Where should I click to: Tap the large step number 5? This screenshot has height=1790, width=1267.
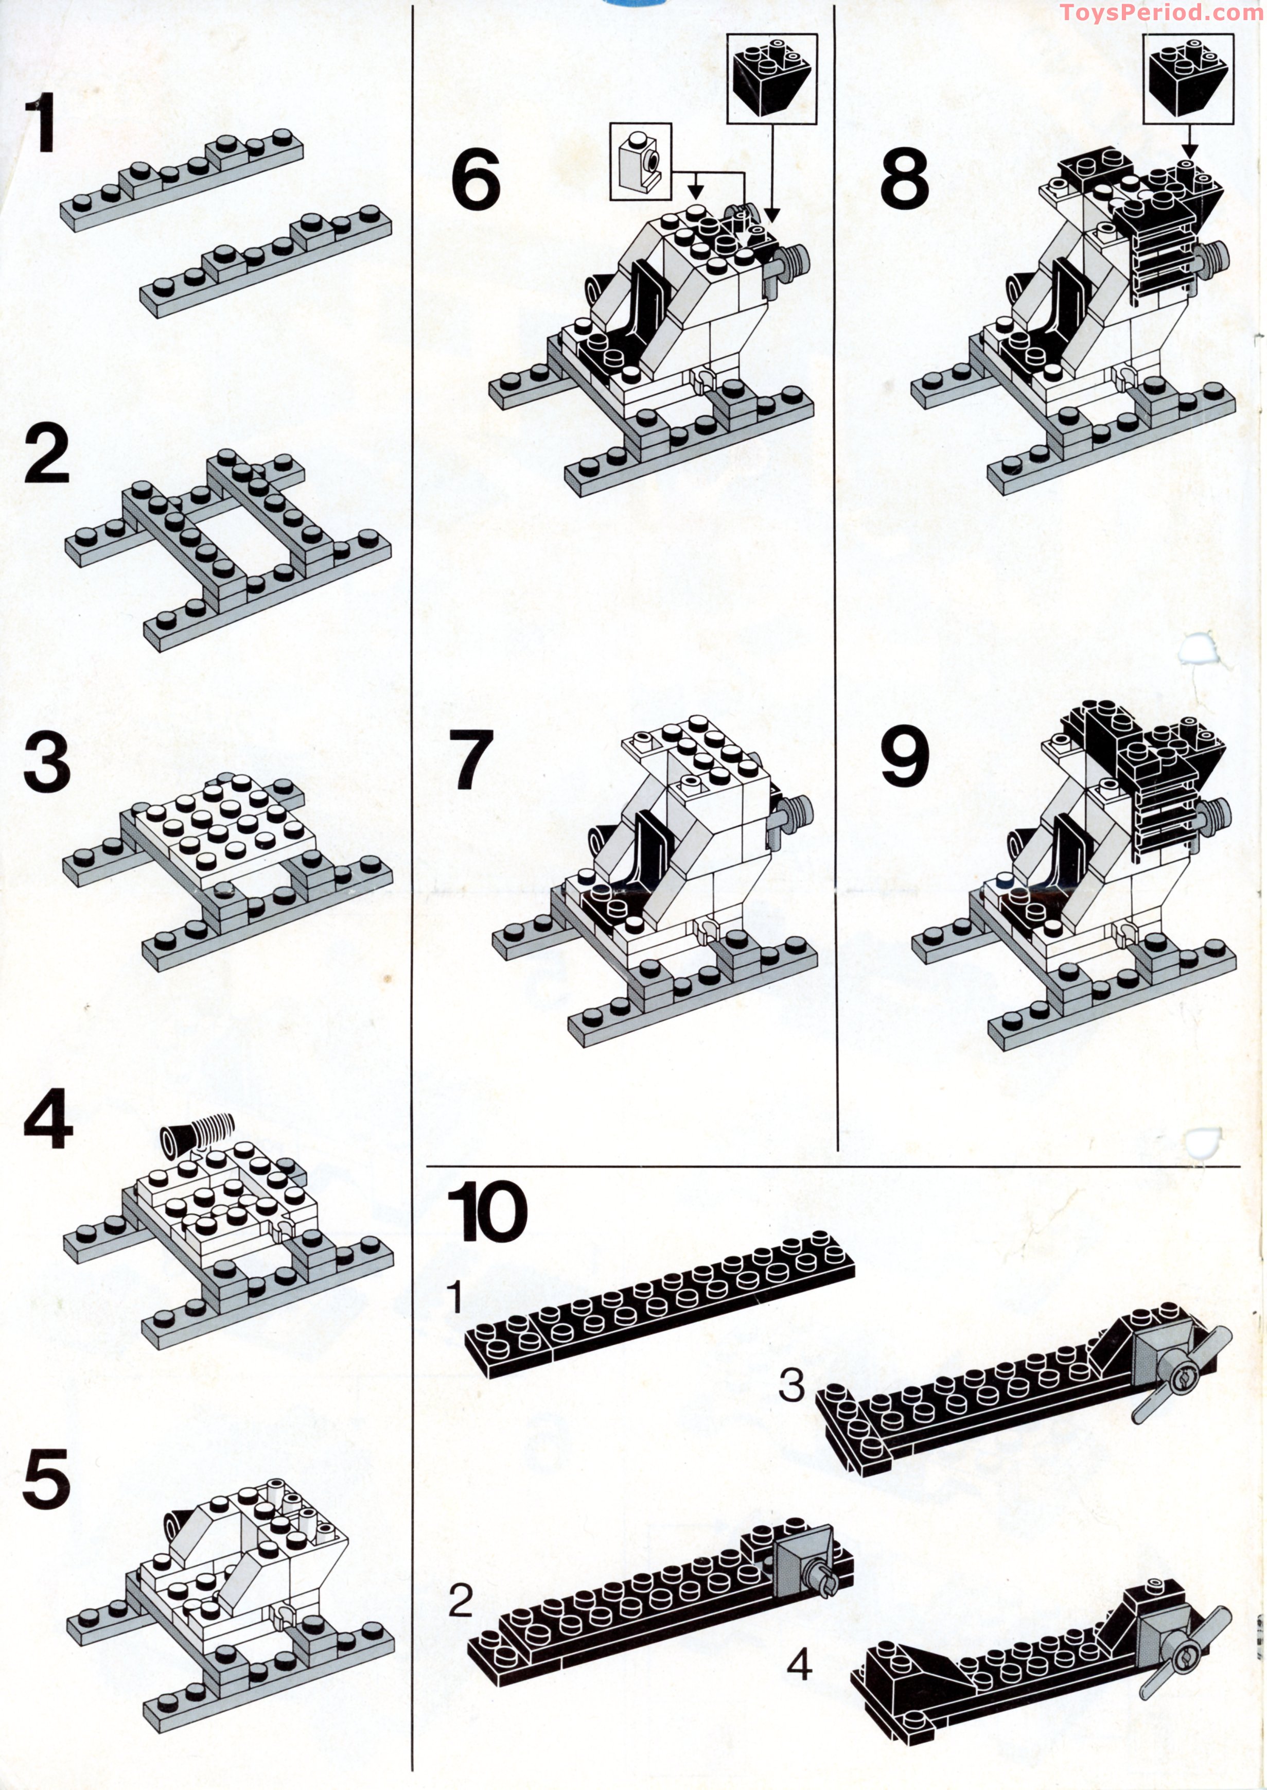(x=47, y=1480)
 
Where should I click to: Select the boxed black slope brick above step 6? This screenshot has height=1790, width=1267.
(x=771, y=78)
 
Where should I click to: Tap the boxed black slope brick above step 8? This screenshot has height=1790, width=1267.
(x=1187, y=78)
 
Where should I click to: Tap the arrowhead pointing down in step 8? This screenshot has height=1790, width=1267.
(x=1189, y=148)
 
